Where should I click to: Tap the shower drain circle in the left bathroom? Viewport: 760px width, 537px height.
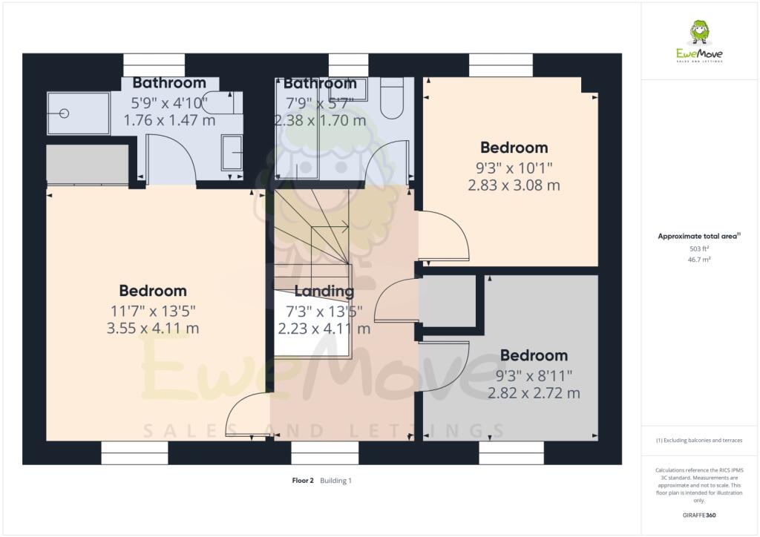click(x=64, y=113)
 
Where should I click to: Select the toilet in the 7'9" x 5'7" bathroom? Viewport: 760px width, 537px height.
click(x=392, y=99)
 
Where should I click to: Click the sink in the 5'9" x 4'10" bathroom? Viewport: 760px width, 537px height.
click(x=232, y=153)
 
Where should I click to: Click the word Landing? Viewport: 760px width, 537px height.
click(x=324, y=291)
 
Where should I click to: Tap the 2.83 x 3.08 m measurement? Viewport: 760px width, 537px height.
click(x=514, y=185)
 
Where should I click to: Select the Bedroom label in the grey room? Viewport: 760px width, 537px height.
click(x=533, y=355)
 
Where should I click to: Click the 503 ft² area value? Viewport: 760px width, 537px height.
click(x=699, y=249)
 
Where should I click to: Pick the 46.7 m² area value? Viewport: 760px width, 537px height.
click(x=699, y=260)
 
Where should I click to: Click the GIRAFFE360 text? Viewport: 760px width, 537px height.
click(x=699, y=515)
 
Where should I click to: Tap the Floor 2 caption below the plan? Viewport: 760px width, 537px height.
click(x=303, y=481)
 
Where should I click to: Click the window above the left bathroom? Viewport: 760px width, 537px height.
click(x=154, y=65)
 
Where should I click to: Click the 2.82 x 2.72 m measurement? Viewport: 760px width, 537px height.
click(x=533, y=393)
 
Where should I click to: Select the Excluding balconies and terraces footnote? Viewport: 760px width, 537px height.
click(x=699, y=441)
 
